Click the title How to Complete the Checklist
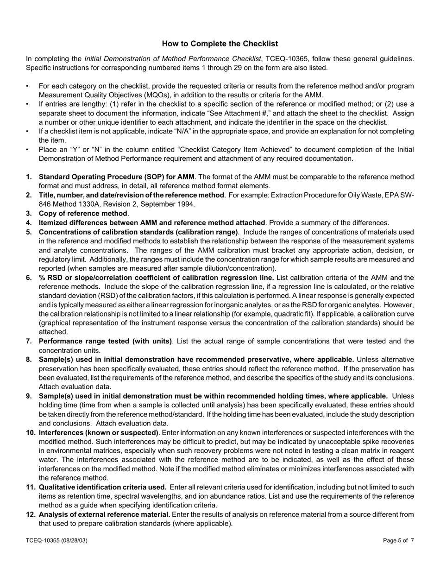(x=220, y=44)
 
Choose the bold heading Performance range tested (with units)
(x=105, y=341)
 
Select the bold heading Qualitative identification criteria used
(x=103, y=487)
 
